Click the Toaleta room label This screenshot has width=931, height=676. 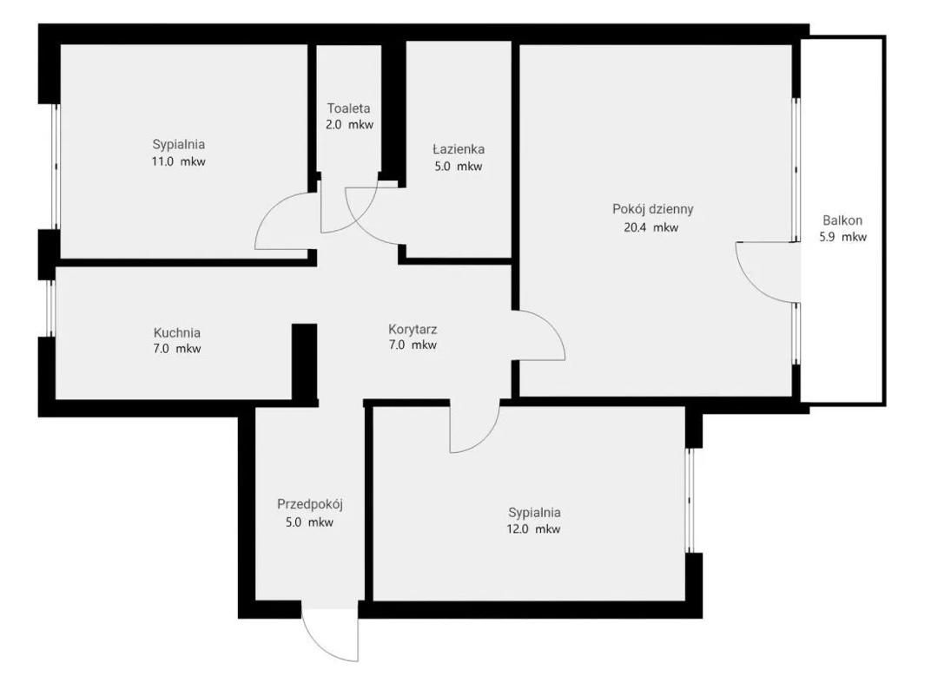(x=348, y=108)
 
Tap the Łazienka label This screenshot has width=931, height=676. (x=459, y=149)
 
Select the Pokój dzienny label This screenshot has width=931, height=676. (x=652, y=209)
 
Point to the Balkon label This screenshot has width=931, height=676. (x=842, y=220)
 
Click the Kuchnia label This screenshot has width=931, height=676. (x=177, y=332)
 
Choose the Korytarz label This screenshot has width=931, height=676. (x=413, y=330)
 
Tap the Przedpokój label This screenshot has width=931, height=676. (x=310, y=505)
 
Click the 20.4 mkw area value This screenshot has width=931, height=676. (x=650, y=227)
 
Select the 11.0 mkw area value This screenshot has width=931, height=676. (x=178, y=161)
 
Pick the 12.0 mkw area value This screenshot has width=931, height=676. (x=533, y=529)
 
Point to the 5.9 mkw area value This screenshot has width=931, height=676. (x=843, y=238)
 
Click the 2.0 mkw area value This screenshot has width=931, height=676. (x=349, y=125)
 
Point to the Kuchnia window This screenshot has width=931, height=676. (x=51, y=309)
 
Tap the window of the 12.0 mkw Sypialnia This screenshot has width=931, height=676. (x=690, y=501)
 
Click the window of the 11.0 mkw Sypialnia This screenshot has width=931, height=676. (x=56, y=167)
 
